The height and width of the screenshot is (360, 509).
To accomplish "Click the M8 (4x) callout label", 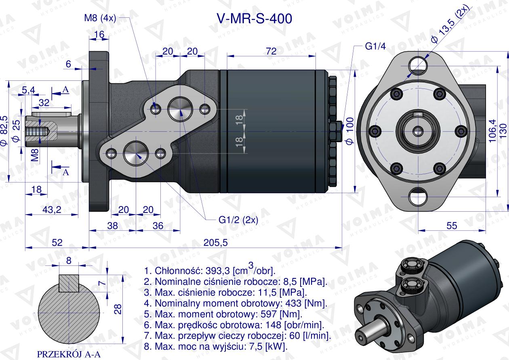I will tap(100, 18).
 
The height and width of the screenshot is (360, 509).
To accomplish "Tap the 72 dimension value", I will tap(271, 51).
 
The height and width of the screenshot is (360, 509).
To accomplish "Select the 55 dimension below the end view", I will tap(452, 225).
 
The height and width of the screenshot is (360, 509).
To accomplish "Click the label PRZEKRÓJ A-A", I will tap(69, 354).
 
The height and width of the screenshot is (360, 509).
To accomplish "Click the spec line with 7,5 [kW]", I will tap(215, 346).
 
